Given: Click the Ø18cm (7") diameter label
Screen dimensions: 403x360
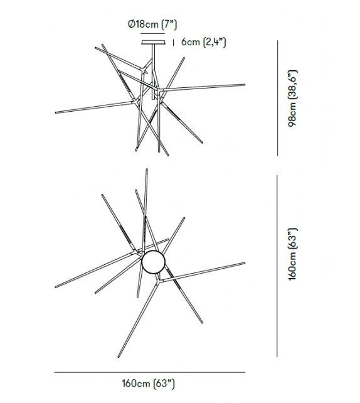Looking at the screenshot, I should tap(152, 24).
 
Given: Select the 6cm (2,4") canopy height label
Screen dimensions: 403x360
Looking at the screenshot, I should tap(203, 42).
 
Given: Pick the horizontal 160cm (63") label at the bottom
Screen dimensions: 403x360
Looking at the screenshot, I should tap(148, 382).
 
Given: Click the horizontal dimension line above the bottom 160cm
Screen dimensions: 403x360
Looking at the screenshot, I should tap(149, 372).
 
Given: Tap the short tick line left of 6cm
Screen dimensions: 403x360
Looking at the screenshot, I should tap(172, 42).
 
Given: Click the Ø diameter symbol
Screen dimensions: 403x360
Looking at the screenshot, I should tap(129, 24).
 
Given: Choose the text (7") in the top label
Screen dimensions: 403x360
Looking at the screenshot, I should tap(169, 24).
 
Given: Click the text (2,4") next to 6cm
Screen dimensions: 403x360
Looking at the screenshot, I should tap(213, 42).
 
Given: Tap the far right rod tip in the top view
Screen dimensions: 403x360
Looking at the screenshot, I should tap(245, 263).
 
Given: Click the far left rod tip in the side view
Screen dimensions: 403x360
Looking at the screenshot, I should tap(56, 113).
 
